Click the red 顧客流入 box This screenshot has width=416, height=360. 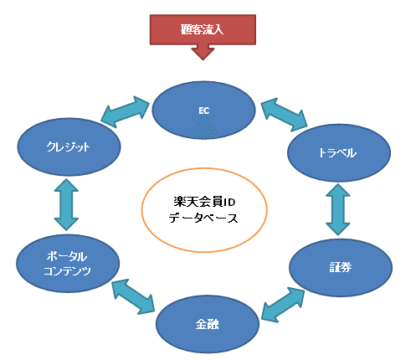point(203,29)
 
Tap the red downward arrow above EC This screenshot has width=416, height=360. point(203,52)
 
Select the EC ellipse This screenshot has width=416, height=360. point(204,110)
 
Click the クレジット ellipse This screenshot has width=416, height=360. point(69,147)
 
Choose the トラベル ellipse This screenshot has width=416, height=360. point(339,152)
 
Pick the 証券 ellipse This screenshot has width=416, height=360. point(341,267)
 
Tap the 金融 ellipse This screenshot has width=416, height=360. point(208,324)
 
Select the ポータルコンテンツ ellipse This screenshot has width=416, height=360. point(68,264)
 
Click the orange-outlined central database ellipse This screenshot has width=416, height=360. point(204,210)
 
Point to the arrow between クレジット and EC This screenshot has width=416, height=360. point(125,112)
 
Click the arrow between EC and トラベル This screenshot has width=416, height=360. point(284,115)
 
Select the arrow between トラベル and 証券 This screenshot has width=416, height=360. point(338,209)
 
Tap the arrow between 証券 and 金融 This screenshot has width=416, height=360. point(283,305)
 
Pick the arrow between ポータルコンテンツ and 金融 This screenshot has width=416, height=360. point(133,296)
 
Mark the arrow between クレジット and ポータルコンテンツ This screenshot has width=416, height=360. point(66,204)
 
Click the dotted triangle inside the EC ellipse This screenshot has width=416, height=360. point(204,127)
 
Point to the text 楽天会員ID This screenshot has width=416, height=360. point(204,202)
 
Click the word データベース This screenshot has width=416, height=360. point(203,218)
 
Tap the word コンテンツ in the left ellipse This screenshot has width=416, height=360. point(67,271)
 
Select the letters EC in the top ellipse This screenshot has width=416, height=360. point(204,111)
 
